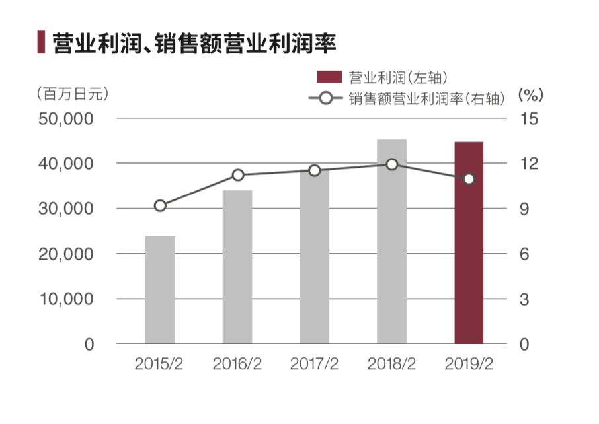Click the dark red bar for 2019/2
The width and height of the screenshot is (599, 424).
coord(469,264)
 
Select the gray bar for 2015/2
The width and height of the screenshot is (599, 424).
coord(160,290)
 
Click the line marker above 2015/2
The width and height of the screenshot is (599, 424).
coord(160,206)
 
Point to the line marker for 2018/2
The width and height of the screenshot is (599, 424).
coord(392,164)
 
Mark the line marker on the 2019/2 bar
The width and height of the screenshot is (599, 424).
coord(469,179)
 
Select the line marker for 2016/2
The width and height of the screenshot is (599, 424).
coord(237,175)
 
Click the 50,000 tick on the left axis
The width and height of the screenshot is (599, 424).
coord(69,119)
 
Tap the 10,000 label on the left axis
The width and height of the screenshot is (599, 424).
coord(69,299)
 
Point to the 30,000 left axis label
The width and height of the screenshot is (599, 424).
coord(69,209)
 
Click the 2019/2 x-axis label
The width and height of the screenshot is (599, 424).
coord(469,364)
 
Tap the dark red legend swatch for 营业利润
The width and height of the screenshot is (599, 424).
coord(329,77)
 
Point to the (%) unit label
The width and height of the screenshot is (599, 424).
coord(530,94)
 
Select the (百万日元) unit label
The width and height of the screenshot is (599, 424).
coord(73,94)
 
